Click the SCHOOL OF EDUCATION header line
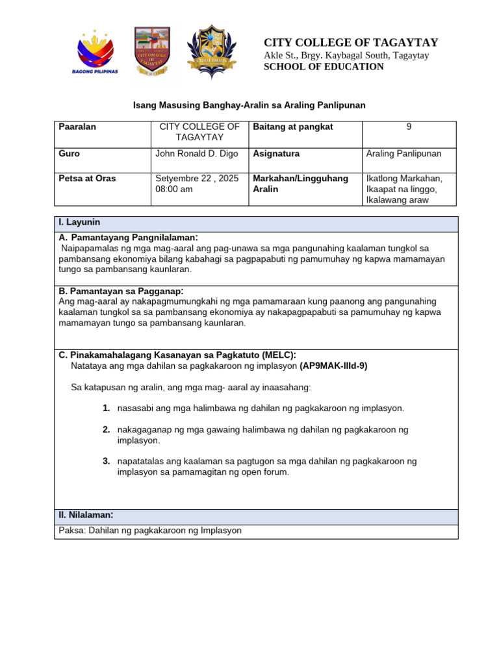[x=324, y=67]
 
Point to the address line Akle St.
[x=346, y=55]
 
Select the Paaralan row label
[x=77, y=127]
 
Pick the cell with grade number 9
[x=409, y=127]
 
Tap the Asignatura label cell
[x=276, y=154]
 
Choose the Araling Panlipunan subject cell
[x=403, y=154]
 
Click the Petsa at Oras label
[x=88, y=178]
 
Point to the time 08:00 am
[x=174, y=189]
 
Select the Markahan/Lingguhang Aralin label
[x=300, y=183]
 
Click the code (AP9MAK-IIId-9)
[x=333, y=366]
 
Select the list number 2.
[x=105, y=429]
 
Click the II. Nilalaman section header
[x=86, y=515]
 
